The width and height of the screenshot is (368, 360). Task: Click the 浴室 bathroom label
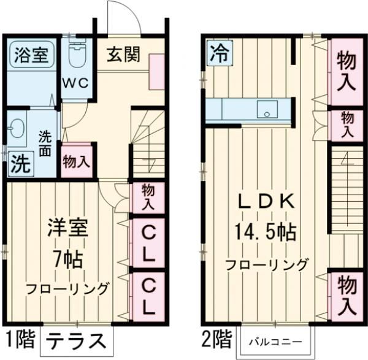(x=29, y=55)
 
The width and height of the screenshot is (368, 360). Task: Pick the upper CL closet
(x=148, y=243)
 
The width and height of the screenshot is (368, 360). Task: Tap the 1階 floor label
(x=20, y=338)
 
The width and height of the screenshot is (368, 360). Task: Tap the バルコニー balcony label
(x=274, y=340)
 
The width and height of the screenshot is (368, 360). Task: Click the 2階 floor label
(x=217, y=338)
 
